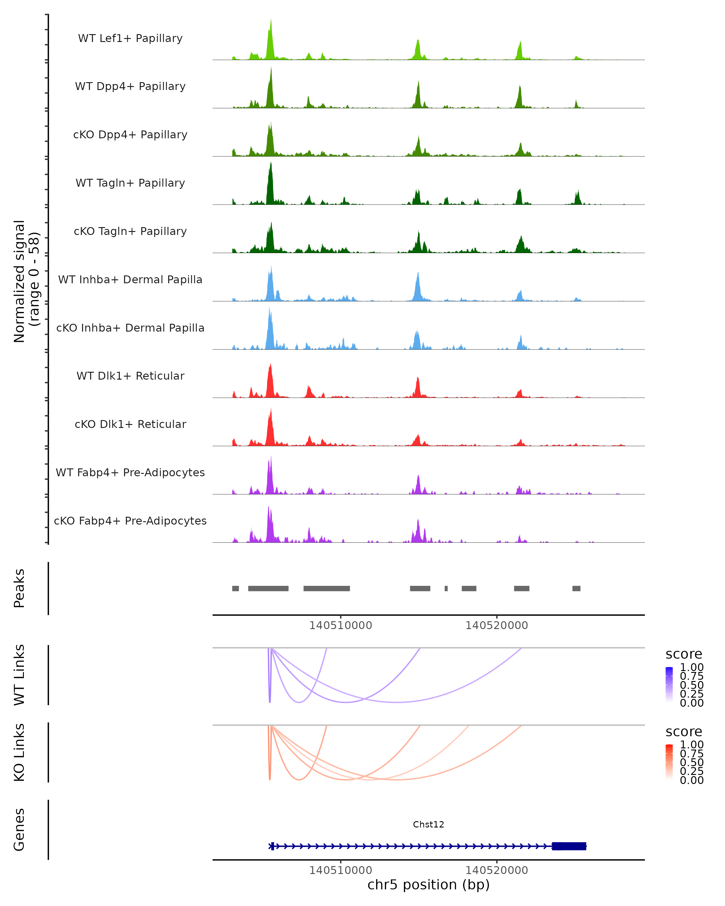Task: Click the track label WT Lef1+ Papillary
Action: pyautogui.click(x=130, y=38)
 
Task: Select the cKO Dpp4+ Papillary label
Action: pyautogui.click(x=130, y=135)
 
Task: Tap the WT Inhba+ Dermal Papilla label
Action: pyautogui.click(x=130, y=280)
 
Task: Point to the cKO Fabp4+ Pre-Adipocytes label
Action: pyautogui.click(x=130, y=521)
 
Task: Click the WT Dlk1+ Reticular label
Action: pyautogui.click(x=130, y=376)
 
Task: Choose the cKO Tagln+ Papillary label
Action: pyautogui.click(x=130, y=232)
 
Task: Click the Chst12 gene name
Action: pyautogui.click(x=428, y=824)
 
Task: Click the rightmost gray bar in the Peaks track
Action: pyautogui.click(x=576, y=588)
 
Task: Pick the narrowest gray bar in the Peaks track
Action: pyautogui.click(x=446, y=588)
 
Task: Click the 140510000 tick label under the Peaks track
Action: pyautogui.click(x=340, y=625)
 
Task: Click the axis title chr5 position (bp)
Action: pyautogui.click(x=428, y=885)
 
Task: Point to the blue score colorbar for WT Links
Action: pyautogui.click(x=669, y=684)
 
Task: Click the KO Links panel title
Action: pyautogui.click(x=19, y=753)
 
